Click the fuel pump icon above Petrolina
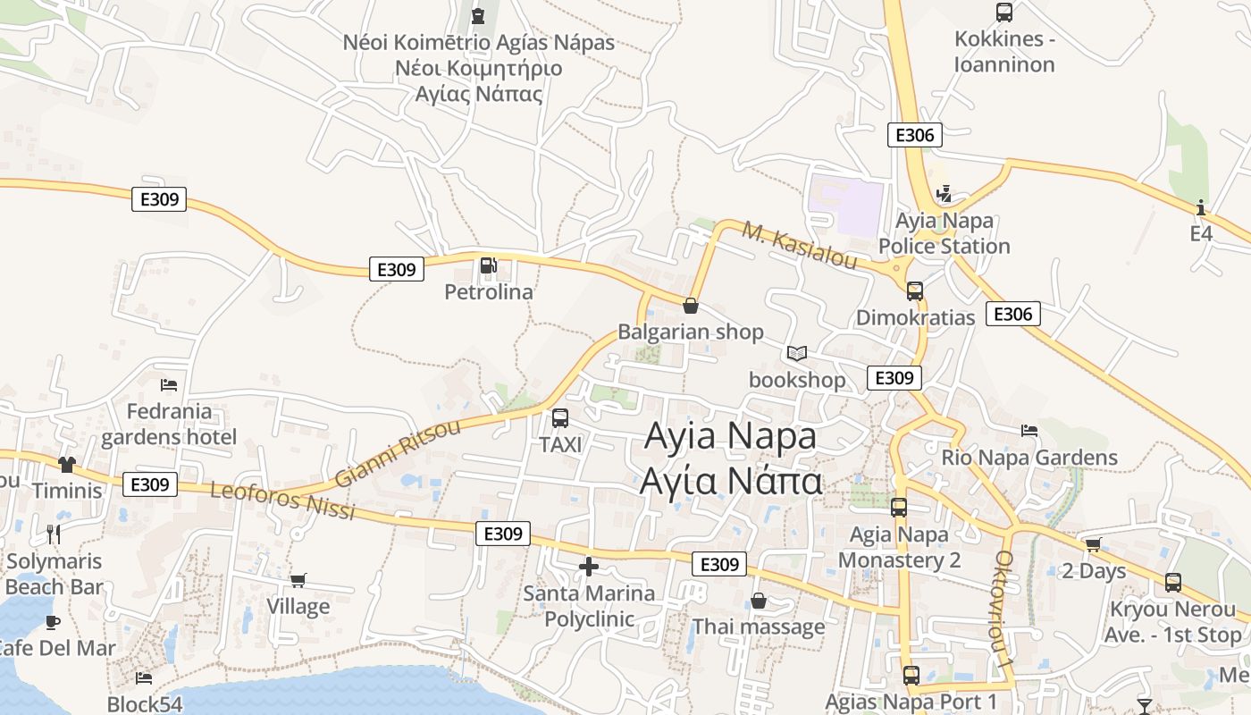[488, 265]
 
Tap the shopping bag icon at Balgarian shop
[691, 306]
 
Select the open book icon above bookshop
[796, 354]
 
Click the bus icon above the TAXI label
[560, 417]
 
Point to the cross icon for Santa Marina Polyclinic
[589, 566]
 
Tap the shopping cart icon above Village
[298, 580]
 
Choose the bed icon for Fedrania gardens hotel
[169, 385]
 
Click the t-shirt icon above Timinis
[67, 464]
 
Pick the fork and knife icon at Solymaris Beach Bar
[54, 534]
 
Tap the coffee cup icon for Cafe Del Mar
[53, 621]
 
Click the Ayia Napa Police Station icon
[944, 193]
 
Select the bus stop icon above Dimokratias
[915, 290]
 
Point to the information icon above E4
[1201, 207]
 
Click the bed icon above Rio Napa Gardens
[1029, 431]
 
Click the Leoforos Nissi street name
[282, 501]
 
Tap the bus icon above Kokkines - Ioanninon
[1004, 13]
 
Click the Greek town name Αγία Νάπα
[730, 481]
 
